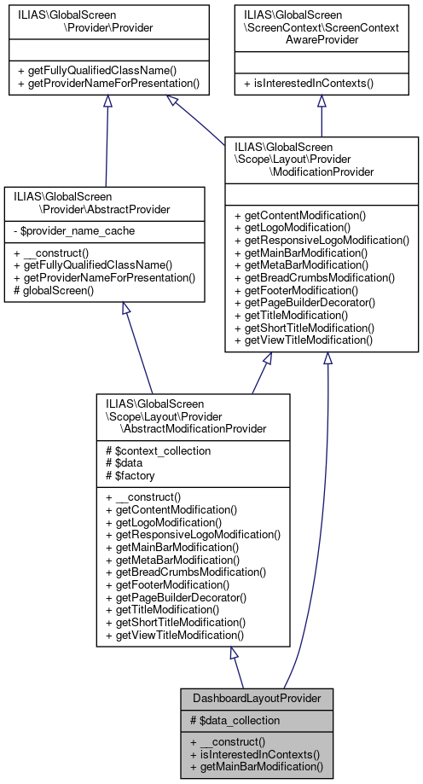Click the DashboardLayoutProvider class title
coord(257,698)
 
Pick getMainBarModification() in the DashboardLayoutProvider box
coord(258,766)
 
